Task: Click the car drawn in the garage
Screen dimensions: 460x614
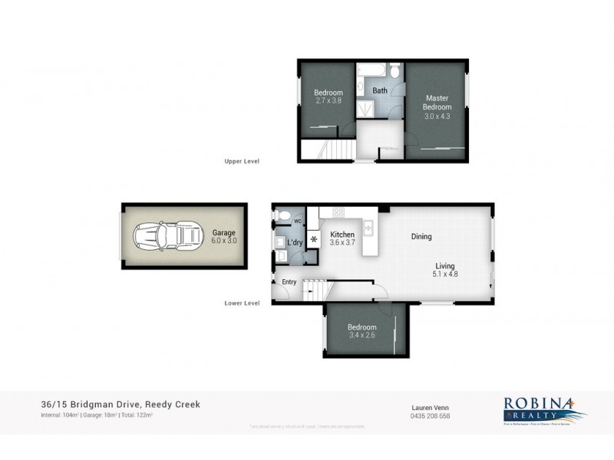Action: pos(165,236)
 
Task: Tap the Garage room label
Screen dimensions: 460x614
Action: pos(223,232)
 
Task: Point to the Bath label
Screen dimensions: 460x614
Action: pos(380,90)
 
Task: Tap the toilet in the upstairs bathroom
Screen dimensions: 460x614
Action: pos(394,72)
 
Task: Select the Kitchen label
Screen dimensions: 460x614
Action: pos(342,235)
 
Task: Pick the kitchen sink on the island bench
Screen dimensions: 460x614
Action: pos(368,226)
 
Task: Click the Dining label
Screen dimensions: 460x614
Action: pos(421,237)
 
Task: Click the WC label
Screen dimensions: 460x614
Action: pos(297,221)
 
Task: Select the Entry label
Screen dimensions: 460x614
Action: pos(289,282)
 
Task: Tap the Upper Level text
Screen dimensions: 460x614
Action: pos(242,162)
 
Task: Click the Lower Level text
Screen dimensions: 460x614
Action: pos(242,303)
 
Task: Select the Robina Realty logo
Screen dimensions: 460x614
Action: pos(544,408)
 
